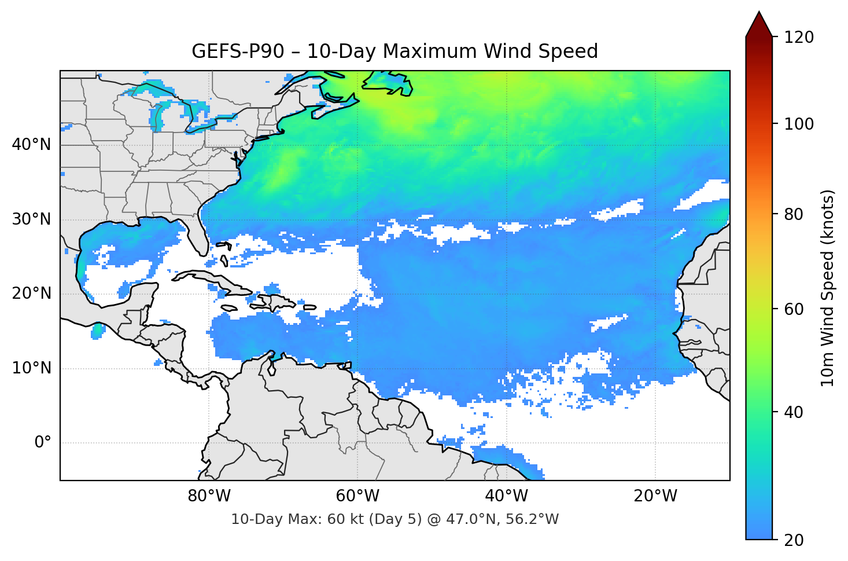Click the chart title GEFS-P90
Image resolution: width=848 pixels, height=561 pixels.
point(394,52)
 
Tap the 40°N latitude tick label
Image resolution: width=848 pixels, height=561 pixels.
point(31,145)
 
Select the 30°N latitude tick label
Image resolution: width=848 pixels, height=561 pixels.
point(31,219)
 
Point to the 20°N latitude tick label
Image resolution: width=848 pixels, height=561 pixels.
point(31,294)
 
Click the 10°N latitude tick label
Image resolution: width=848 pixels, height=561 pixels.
point(31,368)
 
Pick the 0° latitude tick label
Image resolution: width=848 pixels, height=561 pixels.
point(43,443)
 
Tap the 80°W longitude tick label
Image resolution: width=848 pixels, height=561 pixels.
point(209,496)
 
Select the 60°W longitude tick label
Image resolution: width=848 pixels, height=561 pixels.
point(358,496)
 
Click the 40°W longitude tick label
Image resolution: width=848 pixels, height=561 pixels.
point(507,496)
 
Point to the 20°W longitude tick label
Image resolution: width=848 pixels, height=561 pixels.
point(655,496)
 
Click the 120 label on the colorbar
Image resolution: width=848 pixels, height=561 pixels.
point(799,38)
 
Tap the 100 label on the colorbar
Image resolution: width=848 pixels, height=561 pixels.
point(799,124)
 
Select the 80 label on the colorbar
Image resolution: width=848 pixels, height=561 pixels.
point(794,214)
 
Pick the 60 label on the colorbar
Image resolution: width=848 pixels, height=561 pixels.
point(794,309)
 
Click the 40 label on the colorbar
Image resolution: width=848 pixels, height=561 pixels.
point(794,412)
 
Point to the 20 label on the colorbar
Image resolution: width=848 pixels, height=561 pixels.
point(794,540)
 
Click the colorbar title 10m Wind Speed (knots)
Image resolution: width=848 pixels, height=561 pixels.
point(828,288)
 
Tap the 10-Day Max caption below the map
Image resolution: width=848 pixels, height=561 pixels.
point(394,519)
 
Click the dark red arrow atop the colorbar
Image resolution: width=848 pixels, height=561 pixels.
point(759,25)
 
